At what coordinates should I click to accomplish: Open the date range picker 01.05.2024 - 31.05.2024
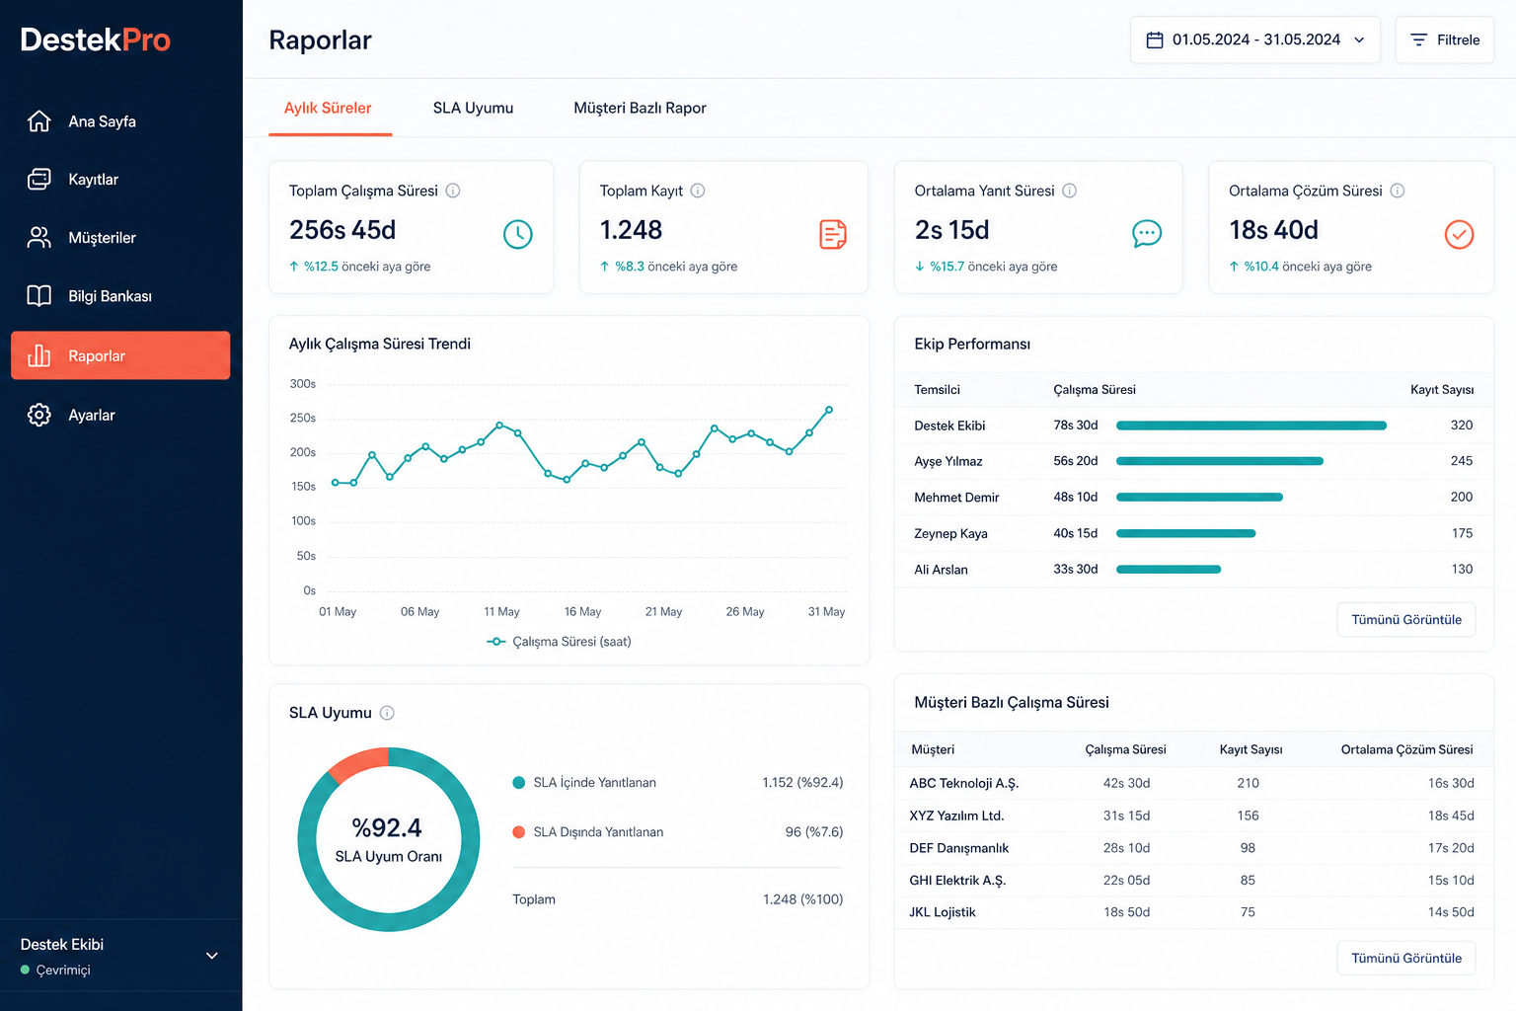pos(1254,39)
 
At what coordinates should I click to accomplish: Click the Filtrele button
pos(1444,39)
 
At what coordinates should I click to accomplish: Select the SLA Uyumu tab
pos(473,108)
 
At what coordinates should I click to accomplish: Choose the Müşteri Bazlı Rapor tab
pos(640,108)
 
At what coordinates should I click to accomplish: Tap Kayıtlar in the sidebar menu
pos(94,180)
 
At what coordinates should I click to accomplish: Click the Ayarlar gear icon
pos(39,415)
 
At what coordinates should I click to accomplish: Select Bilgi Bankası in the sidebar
pos(110,296)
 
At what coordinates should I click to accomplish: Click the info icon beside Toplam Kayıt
pos(698,191)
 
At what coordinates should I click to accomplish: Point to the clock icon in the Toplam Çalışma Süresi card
pos(518,234)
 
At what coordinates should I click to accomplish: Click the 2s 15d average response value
pos(951,230)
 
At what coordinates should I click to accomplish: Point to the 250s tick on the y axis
pos(303,418)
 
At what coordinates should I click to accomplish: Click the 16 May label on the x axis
pos(582,611)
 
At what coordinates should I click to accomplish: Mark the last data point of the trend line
pos(829,410)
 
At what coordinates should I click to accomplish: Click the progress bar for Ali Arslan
pos(1169,570)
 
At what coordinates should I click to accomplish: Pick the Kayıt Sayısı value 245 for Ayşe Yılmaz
pos(1462,461)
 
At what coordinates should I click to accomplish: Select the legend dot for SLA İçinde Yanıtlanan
pos(519,783)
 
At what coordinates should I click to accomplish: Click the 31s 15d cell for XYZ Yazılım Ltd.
pos(1126,816)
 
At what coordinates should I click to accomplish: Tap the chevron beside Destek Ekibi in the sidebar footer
pos(212,956)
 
